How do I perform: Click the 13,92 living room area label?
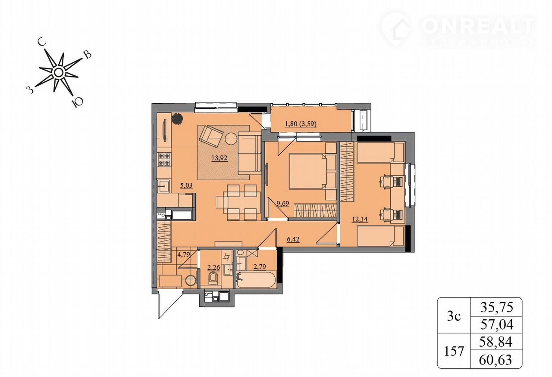[220, 158]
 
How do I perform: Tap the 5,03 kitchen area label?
[186, 185]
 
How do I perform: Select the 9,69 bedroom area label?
[282, 204]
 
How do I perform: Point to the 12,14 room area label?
[360, 219]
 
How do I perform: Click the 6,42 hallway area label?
[293, 239]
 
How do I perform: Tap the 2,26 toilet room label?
[213, 267]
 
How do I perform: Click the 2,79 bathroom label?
[260, 266]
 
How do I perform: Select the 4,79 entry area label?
[184, 254]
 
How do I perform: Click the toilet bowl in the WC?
[213, 279]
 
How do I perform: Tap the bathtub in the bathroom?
[256, 279]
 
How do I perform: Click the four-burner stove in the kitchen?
[164, 159]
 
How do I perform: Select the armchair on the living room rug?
[211, 136]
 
